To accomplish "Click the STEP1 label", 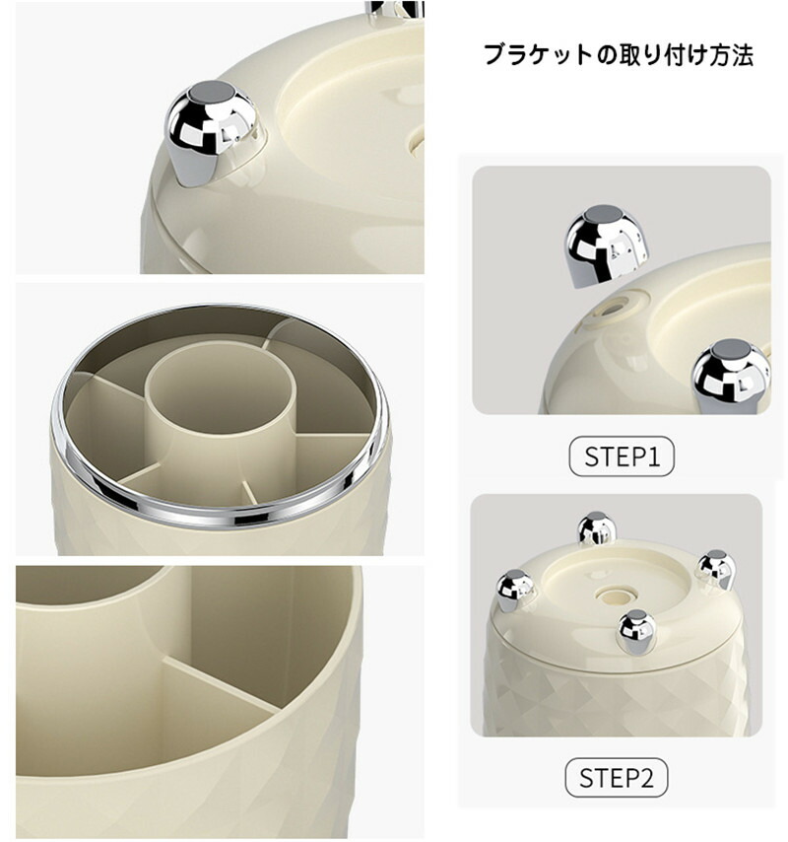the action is pyautogui.click(x=622, y=456).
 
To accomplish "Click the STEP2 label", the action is pyautogui.click(x=617, y=778).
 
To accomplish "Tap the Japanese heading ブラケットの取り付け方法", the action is pyautogui.click(x=619, y=55).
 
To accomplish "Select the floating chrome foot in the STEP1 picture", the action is pyautogui.click(x=606, y=246).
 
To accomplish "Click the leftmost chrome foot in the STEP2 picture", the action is pyautogui.click(x=515, y=591).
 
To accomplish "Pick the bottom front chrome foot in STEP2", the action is pyautogui.click(x=637, y=632).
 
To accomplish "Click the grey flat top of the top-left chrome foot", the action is pyautogui.click(x=210, y=92).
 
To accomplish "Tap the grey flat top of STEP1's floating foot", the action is pyautogui.click(x=606, y=214).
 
